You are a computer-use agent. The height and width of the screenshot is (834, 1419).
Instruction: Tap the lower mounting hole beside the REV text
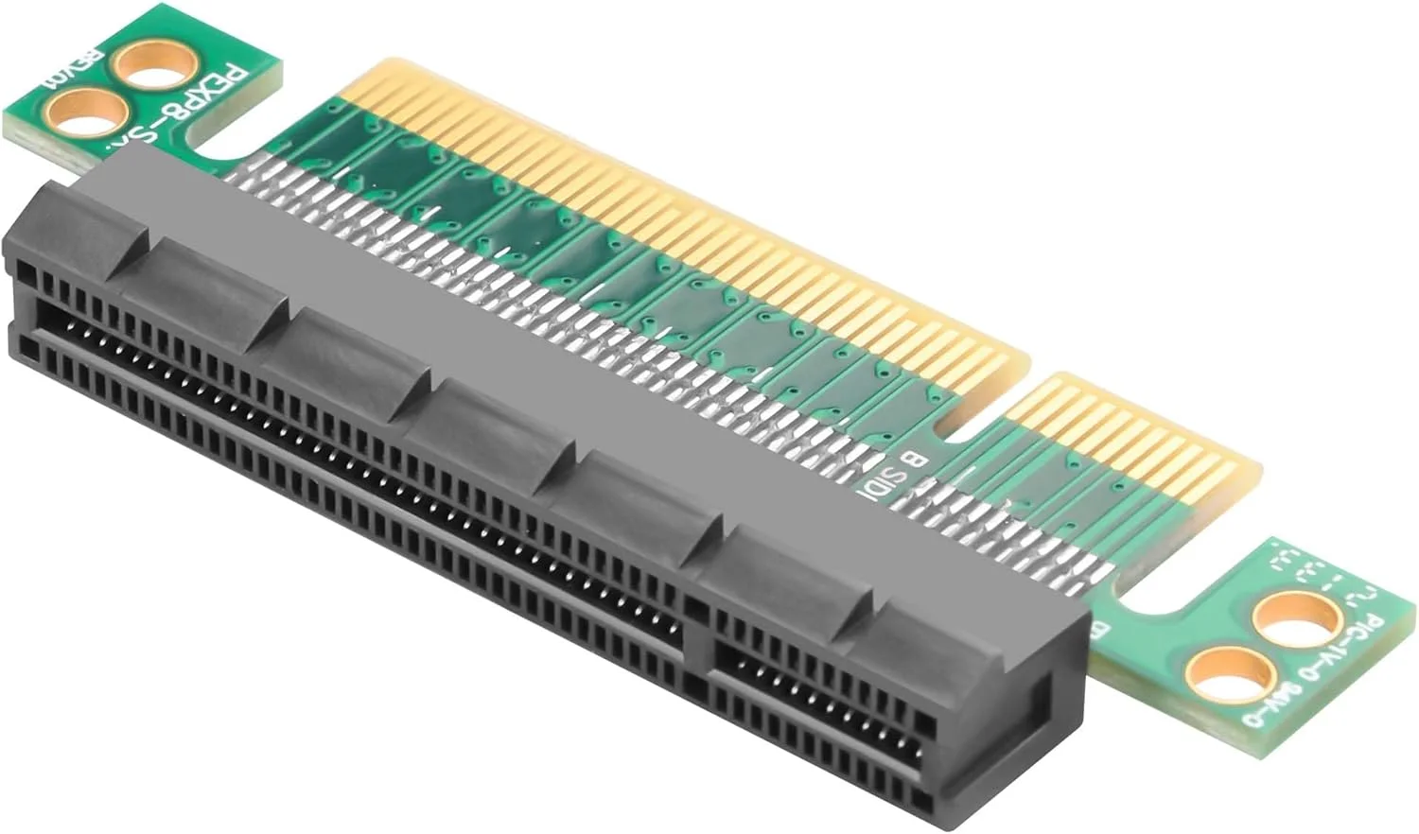(92, 112)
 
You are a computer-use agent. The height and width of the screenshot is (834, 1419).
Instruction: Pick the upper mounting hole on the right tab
(1295, 620)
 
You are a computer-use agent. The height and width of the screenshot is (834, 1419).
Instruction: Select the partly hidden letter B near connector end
(1101, 629)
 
